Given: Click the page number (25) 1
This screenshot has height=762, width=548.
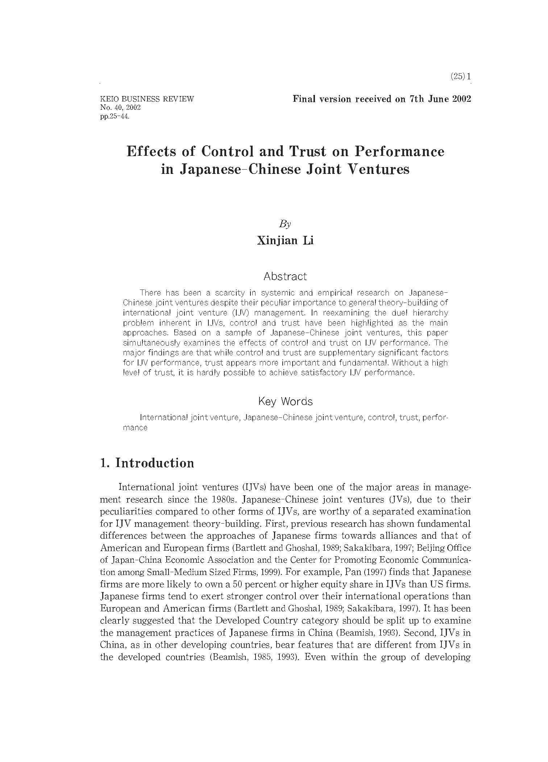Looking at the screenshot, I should (460, 77).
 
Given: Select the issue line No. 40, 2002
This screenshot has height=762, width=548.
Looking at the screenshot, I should (120, 108).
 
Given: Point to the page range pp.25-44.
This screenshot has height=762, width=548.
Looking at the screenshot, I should (115, 116).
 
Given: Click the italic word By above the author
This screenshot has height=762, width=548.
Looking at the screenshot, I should (285, 224).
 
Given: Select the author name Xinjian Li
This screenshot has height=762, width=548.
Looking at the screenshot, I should (285, 241).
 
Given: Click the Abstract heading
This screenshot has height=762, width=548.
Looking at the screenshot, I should (285, 276).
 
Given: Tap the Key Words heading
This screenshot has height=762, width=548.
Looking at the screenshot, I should (285, 401).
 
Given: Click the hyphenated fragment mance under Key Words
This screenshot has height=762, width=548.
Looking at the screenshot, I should (135, 428).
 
